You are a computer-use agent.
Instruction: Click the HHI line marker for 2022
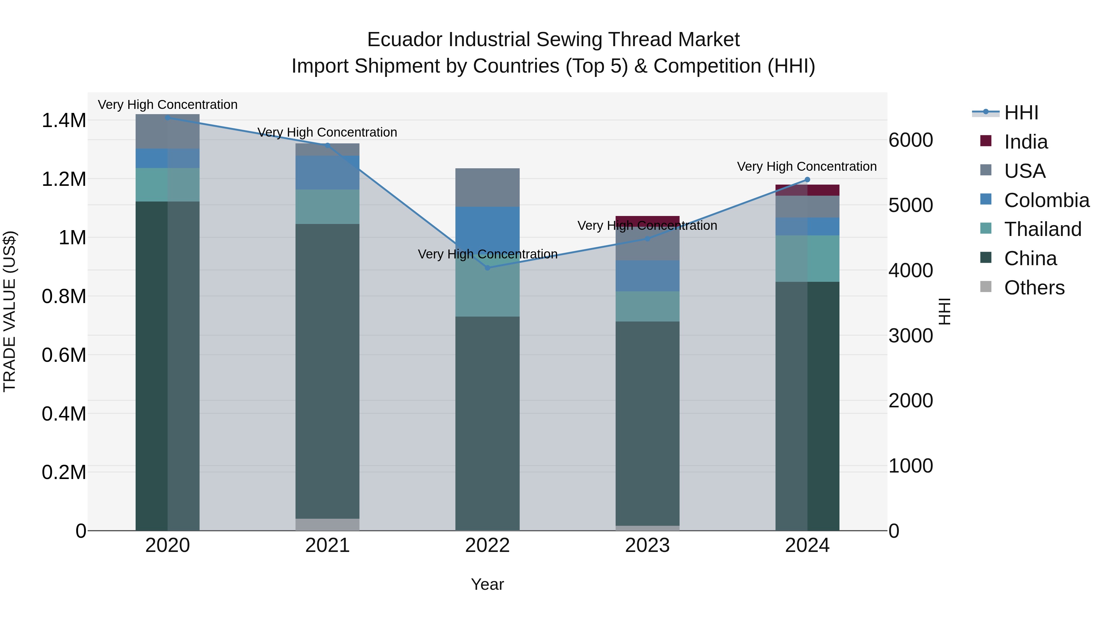tap(487, 268)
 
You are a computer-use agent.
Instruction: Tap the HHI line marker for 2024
tap(807, 180)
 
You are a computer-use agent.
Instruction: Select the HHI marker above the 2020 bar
tap(168, 118)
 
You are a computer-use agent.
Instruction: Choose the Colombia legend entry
tap(1046, 200)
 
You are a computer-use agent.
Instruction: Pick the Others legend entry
tap(1034, 288)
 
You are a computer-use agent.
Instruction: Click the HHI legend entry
tap(1021, 113)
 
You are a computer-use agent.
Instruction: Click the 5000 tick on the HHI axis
tap(910, 205)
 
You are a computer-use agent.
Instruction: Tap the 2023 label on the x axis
tap(647, 545)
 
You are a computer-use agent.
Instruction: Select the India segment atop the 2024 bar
tap(807, 190)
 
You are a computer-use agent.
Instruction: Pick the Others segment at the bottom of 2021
tap(327, 525)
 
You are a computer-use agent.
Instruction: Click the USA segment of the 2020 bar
tap(168, 132)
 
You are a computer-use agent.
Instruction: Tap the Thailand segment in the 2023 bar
tap(647, 306)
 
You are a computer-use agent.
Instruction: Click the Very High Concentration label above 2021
tap(327, 132)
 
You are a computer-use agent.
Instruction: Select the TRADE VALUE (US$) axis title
tap(10, 311)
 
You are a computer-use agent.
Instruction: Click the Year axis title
tap(487, 584)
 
